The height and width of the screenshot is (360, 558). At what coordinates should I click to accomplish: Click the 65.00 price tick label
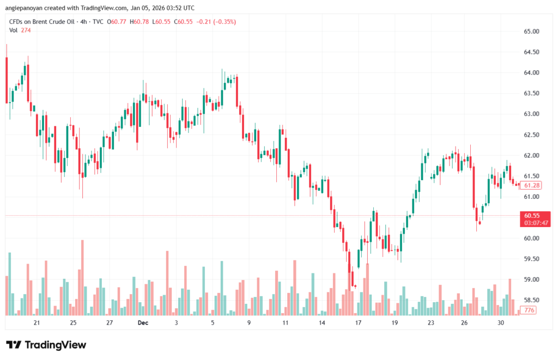point(531,32)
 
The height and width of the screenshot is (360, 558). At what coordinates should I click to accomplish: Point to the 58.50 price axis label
point(531,300)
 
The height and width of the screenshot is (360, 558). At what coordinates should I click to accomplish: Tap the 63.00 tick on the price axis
point(531,114)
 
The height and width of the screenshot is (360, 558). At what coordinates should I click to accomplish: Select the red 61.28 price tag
point(531,186)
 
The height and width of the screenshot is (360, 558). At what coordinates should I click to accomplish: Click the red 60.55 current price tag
point(531,216)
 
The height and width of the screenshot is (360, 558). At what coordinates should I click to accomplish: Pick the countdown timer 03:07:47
point(536,223)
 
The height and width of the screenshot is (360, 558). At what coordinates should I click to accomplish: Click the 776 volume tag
point(529,310)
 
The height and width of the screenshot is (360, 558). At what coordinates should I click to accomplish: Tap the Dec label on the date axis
point(143,323)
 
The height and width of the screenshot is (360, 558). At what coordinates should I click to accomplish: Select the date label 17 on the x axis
point(358,323)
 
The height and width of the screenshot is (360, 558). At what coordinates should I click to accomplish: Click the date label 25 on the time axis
point(73,323)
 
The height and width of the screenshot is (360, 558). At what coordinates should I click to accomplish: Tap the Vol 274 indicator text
point(20,30)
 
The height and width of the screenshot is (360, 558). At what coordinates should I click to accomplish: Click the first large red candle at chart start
point(7,79)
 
